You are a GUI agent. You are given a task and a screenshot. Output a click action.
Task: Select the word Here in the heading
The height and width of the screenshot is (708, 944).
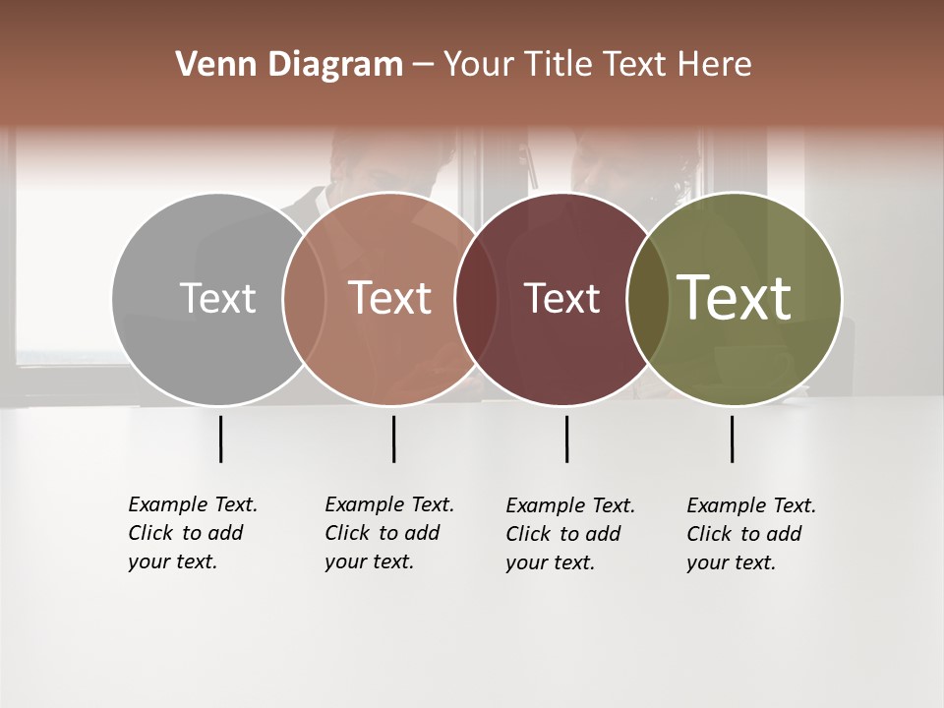[x=717, y=65]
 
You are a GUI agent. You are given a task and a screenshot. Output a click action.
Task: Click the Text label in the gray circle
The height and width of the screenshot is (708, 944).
[x=217, y=298]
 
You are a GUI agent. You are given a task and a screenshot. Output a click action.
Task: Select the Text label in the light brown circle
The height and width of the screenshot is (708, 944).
[x=390, y=298]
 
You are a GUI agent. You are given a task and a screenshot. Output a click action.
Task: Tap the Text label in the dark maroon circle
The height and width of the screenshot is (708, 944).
[x=561, y=298]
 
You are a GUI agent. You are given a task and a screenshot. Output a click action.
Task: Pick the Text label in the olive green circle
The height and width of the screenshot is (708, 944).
[x=735, y=298]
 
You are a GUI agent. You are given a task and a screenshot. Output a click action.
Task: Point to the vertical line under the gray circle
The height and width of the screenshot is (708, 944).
[x=220, y=439]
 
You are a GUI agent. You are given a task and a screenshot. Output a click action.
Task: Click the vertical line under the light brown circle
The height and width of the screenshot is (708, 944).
[x=393, y=439]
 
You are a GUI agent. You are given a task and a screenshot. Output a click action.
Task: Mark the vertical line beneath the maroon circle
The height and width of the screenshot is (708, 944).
[x=566, y=439]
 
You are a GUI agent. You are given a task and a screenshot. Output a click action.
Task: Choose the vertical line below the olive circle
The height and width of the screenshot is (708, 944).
[x=732, y=439]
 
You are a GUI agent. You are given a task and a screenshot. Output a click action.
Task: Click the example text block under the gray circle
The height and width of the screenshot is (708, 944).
[x=193, y=533]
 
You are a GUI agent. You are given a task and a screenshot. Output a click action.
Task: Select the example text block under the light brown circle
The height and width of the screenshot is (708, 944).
[x=389, y=533]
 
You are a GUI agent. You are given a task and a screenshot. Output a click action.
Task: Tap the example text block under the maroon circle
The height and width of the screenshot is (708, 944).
[x=570, y=534]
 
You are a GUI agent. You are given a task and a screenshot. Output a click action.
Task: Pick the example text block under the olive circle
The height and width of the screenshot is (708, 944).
[x=751, y=534]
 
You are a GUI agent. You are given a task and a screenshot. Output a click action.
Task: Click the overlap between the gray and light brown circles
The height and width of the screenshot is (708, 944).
[x=304, y=298]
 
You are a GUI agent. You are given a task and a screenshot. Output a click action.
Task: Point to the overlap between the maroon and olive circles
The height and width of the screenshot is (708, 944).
[x=648, y=298]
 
